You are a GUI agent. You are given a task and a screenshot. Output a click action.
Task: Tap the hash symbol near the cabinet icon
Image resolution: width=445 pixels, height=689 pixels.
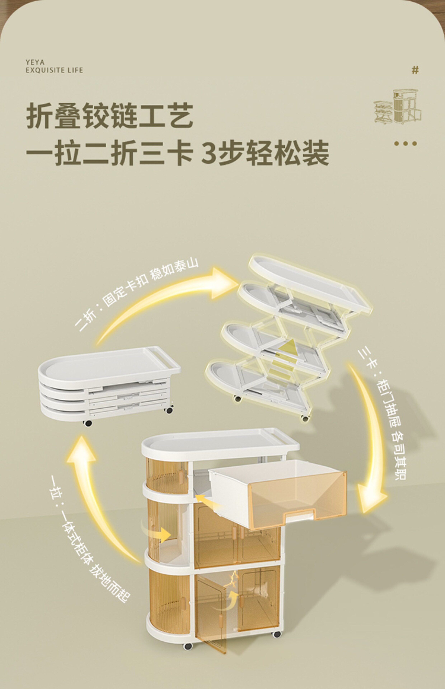point(415,70)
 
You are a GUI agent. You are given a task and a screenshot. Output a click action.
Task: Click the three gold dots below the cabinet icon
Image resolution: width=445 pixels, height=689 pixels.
point(406,143)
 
